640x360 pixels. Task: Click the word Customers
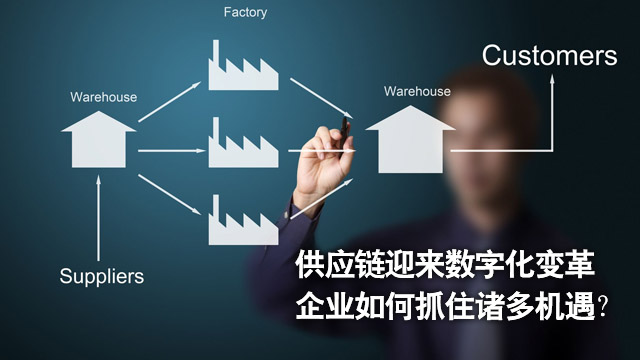coord(549,55)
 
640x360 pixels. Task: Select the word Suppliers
coord(101,275)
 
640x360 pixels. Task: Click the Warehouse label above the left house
coord(103,97)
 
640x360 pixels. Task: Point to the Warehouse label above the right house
coord(416,92)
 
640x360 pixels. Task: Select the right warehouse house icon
coord(407,141)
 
